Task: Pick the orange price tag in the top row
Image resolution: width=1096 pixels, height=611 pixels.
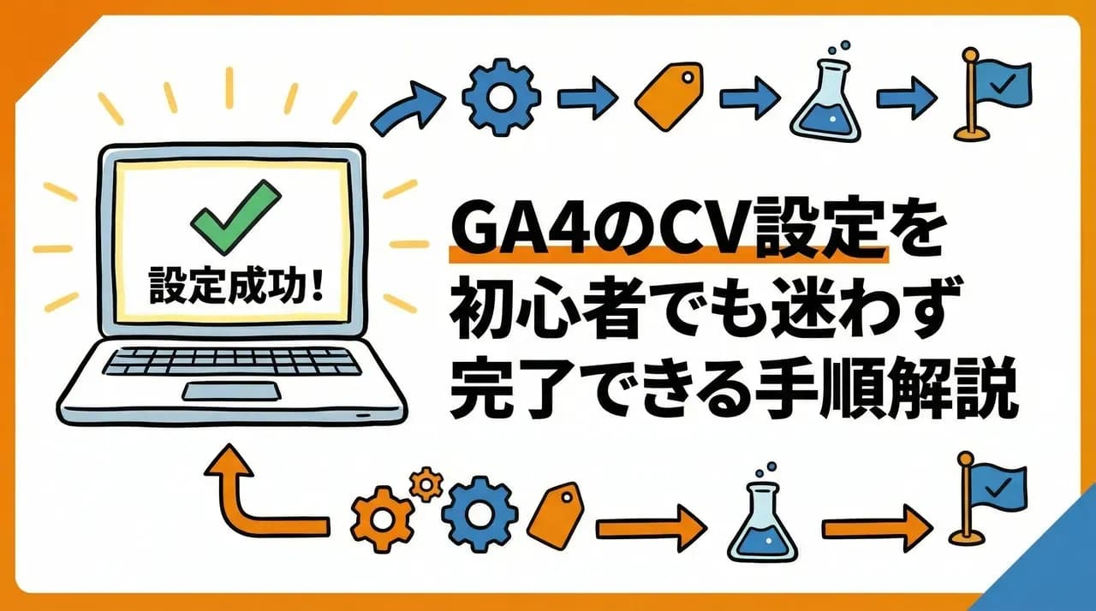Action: tap(667, 99)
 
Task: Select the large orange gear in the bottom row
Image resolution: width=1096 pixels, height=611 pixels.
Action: tap(380, 517)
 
